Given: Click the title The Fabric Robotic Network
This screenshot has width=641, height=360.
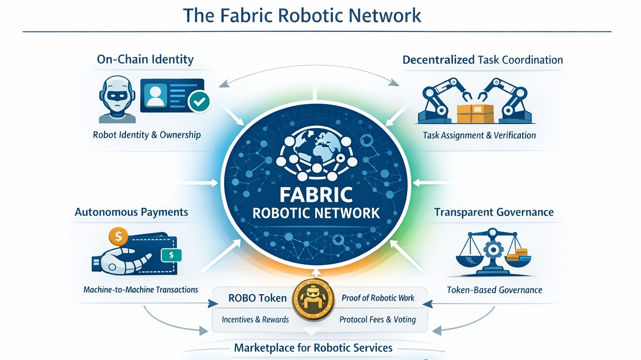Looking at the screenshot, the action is click(x=302, y=15).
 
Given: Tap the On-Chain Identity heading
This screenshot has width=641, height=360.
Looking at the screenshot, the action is click(x=145, y=60).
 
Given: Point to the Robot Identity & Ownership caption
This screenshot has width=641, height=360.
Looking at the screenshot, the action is click(x=146, y=135).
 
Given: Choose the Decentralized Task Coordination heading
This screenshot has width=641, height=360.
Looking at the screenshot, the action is click(x=482, y=60).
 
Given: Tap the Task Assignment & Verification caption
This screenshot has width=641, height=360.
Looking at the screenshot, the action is click(x=479, y=135).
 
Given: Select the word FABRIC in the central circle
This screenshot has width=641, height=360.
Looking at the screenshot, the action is click(x=316, y=195).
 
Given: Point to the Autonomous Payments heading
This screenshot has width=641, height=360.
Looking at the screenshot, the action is click(x=131, y=212).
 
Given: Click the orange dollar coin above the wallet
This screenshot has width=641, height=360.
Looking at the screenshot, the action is click(x=119, y=237).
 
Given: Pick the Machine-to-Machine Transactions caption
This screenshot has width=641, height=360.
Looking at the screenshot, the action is click(x=141, y=290).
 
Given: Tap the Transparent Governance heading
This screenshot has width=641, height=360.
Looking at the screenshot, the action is click(x=494, y=212).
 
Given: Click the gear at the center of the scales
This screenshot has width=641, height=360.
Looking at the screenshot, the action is click(x=493, y=249).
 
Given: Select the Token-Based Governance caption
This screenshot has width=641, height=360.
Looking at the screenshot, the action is click(x=494, y=290).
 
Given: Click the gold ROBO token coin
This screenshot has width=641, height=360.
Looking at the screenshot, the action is click(x=313, y=300).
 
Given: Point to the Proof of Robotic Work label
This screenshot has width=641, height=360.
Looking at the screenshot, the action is click(x=378, y=298).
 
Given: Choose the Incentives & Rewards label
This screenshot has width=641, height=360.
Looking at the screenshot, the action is click(x=255, y=320).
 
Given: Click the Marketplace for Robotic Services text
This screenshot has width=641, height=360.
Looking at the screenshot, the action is click(x=313, y=348).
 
